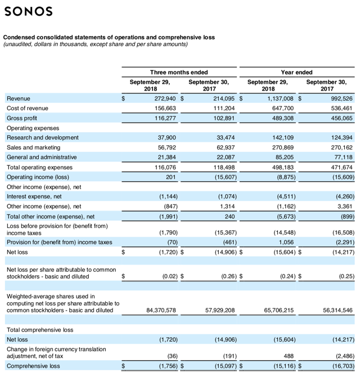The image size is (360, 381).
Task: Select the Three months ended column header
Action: tap(179, 73)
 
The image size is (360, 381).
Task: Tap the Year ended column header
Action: tap(296, 73)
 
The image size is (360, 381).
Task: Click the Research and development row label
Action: tap(43, 138)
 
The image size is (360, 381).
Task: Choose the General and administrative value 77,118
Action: tap(341, 158)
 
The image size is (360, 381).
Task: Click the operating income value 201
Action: tap(173, 177)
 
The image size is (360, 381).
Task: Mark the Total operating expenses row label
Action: tap(39, 167)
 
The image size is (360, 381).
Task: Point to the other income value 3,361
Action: tap(343, 207)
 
